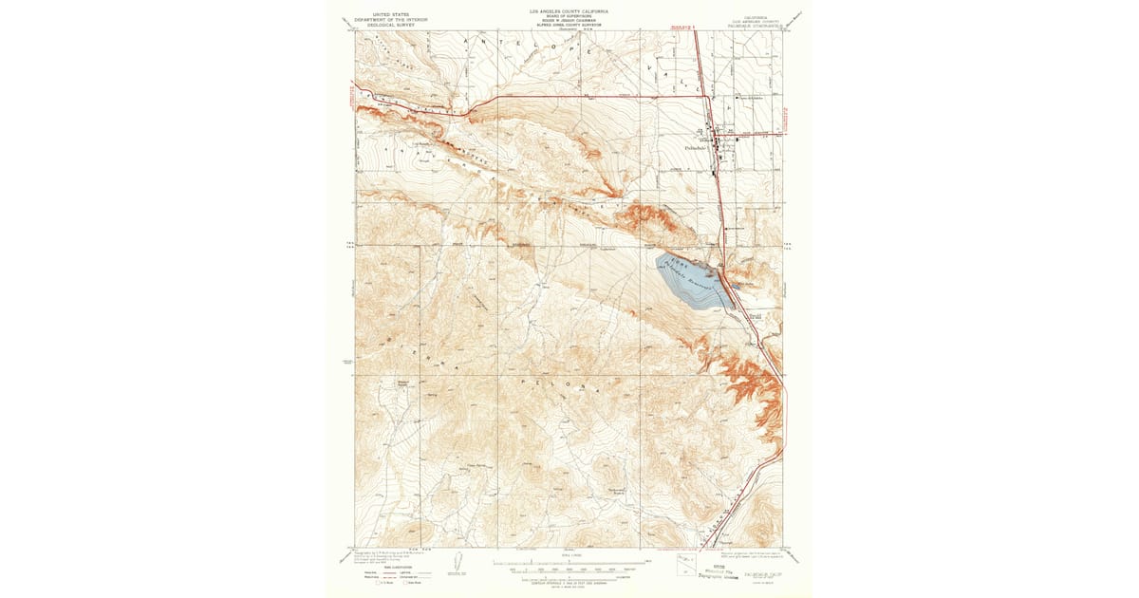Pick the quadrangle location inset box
coord(686,565)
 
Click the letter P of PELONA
coord(524,379)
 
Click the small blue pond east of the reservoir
coord(736,285)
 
